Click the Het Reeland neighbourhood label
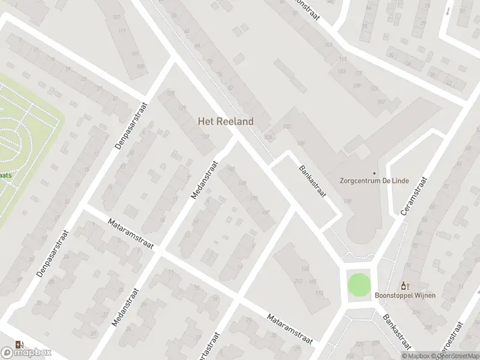226,121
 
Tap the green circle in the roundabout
358,284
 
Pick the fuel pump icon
19,344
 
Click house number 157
266,212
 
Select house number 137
206,137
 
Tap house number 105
140,66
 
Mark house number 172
319,293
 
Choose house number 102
286,127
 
